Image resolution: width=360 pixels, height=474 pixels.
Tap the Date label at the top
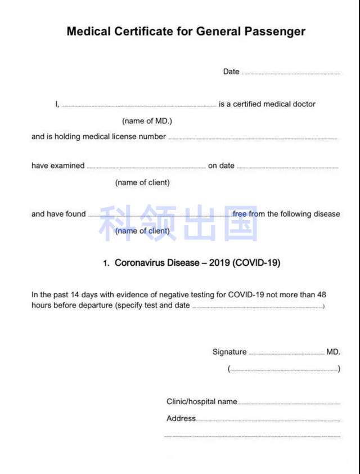[231, 71]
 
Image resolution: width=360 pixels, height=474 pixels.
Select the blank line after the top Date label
[291, 73]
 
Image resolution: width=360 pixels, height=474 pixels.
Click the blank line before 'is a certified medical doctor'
[138, 105]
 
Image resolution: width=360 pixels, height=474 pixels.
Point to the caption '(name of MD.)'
[147, 121]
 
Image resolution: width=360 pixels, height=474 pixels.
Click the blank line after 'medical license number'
[253, 138]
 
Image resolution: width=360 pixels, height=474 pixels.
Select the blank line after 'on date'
[287, 167]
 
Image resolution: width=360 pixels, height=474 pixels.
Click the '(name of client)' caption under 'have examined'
[142, 182]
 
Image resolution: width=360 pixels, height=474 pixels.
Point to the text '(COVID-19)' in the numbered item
[256, 263]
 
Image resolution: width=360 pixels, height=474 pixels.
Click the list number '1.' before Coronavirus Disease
[106, 263]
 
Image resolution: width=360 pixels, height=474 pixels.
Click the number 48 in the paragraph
[321, 294]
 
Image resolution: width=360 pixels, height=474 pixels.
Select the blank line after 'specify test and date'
[258, 307]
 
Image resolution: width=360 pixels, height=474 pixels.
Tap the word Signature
[229, 352]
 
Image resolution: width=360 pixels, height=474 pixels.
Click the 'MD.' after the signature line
[333, 352]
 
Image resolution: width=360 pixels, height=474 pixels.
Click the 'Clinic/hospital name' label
[201, 401]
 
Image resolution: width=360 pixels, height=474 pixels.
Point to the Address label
[181, 418]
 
